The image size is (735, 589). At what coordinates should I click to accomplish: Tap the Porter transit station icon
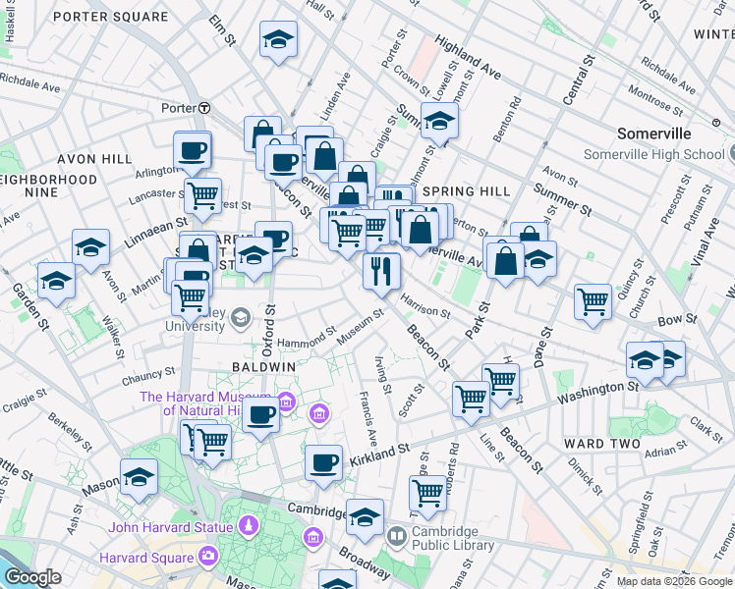point(204,108)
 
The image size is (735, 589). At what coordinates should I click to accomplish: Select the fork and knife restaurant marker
point(380,270)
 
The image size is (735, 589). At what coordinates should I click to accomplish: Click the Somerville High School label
point(654,154)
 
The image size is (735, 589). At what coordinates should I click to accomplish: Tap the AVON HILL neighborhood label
point(94,159)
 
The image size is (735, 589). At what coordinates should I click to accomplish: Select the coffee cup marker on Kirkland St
point(322,462)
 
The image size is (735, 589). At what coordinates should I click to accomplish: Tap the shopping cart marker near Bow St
point(593,300)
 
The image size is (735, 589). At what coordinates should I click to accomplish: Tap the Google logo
point(32,577)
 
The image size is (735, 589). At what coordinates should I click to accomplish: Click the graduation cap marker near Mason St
point(139,478)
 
